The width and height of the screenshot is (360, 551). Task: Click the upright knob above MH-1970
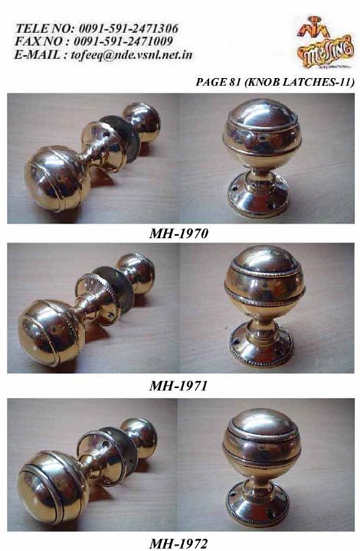coord(263,157)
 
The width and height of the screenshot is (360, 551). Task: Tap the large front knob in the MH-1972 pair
coord(51,486)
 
